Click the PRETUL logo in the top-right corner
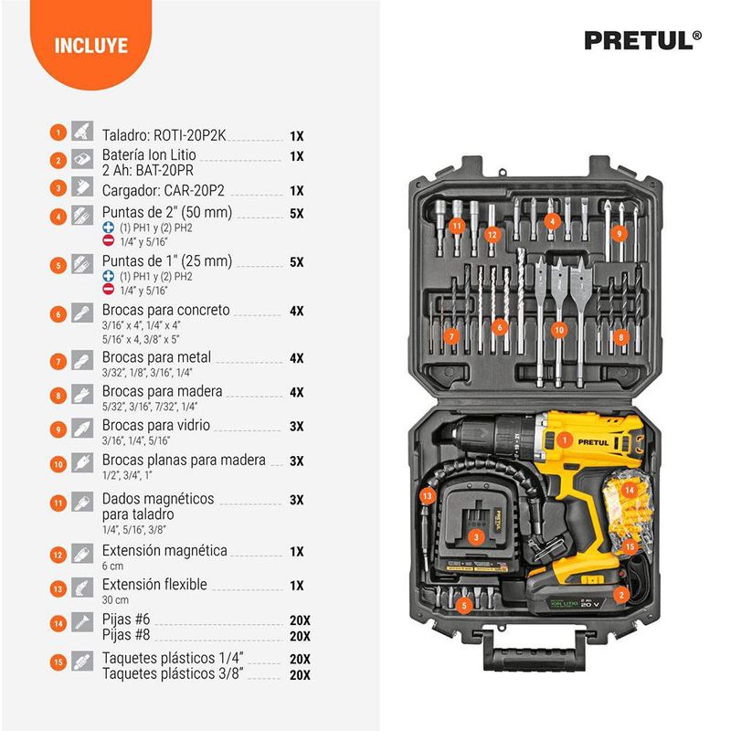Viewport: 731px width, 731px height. pos(643,40)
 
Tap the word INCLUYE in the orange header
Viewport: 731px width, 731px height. pos(90,46)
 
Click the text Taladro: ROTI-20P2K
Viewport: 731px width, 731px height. pos(164,135)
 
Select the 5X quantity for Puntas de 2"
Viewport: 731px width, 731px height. pos(296,214)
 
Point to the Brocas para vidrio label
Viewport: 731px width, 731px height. pos(155,425)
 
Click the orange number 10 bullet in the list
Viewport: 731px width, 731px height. pos(58,464)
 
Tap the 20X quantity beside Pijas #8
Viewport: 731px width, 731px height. pos(300,636)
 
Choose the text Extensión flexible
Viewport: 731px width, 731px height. pos(154,584)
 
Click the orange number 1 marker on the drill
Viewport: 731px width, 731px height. pos(565,440)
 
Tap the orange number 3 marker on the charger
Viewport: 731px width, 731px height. pos(476,537)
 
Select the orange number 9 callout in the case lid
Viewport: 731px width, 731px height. pos(620,234)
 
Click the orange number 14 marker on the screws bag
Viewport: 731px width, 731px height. pos(630,490)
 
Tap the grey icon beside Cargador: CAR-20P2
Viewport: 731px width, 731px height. pos(82,187)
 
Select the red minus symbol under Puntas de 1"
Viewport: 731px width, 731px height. pos(108,289)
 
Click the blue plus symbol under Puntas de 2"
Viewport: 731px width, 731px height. pos(108,228)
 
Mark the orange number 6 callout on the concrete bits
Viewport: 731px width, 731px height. pos(499,327)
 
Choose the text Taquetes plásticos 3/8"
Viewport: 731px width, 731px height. pos(173,674)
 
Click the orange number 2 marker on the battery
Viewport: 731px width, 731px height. pos(621,595)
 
